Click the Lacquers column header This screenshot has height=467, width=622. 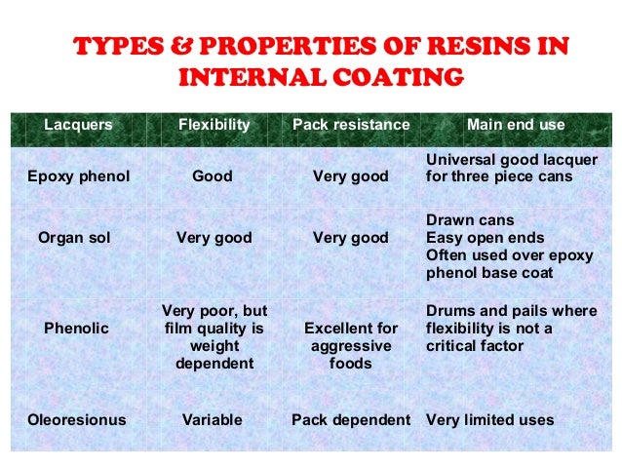coord(78,125)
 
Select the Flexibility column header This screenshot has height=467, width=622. coord(214,125)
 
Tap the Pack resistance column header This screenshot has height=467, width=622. coord(351,125)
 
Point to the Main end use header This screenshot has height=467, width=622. coord(516,125)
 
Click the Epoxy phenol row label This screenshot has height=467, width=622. coord(78,176)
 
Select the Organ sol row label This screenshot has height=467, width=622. coord(74,237)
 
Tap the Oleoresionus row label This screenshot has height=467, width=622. coord(78,420)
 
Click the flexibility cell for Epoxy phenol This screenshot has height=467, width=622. coord(213,176)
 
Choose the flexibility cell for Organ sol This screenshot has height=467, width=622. coord(214,237)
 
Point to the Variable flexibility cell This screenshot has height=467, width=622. coord(213,420)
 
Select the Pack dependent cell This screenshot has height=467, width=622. coord(351,420)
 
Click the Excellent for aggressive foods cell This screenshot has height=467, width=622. coord(351,346)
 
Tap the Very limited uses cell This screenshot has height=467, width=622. coord(490,420)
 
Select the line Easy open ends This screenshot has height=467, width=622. coord(486,237)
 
